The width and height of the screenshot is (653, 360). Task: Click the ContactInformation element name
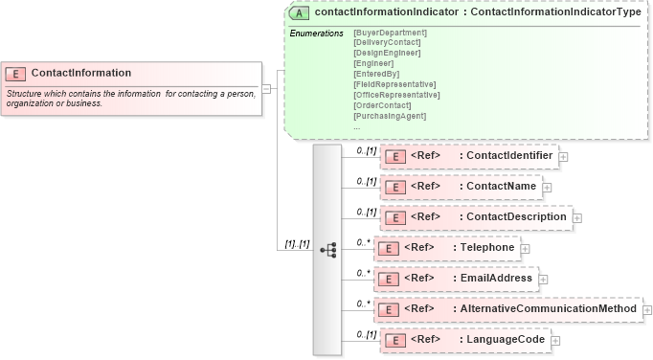(81, 73)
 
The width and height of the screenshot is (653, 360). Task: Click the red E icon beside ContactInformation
(16, 74)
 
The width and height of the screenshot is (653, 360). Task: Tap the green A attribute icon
(300, 14)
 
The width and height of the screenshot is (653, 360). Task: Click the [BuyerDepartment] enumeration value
(390, 34)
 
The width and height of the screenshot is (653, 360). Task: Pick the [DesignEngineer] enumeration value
(390, 54)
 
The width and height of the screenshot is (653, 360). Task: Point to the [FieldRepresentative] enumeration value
(394, 84)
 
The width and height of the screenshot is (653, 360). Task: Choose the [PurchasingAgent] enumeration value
(390, 116)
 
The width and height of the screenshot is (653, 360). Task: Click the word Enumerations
(316, 34)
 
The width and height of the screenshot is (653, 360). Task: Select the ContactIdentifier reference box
(468, 156)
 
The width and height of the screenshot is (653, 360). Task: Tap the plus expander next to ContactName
(548, 188)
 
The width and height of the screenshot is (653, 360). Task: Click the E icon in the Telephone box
(388, 249)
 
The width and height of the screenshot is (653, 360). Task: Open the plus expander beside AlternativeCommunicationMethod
(647, 310)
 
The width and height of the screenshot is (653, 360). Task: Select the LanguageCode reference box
(465, 340)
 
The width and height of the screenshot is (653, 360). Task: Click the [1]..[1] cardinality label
(298, 243)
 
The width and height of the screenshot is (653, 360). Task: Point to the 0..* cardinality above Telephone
(363, 242)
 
